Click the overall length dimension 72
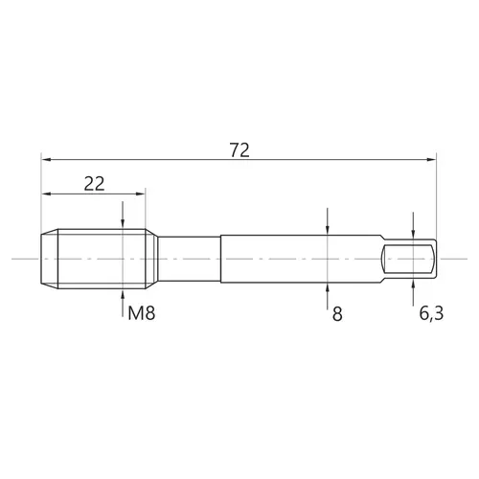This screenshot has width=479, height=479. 239,150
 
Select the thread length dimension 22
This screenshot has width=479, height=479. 94,184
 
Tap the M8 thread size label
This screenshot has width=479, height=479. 142,313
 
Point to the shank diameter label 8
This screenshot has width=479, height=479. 337,314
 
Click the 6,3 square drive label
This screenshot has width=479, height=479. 431,313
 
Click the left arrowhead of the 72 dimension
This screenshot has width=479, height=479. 46,159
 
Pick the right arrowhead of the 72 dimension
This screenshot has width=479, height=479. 431,159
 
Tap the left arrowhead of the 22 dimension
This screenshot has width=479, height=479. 46,194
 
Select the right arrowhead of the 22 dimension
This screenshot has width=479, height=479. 140,194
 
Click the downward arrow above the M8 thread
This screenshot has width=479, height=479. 123,215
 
